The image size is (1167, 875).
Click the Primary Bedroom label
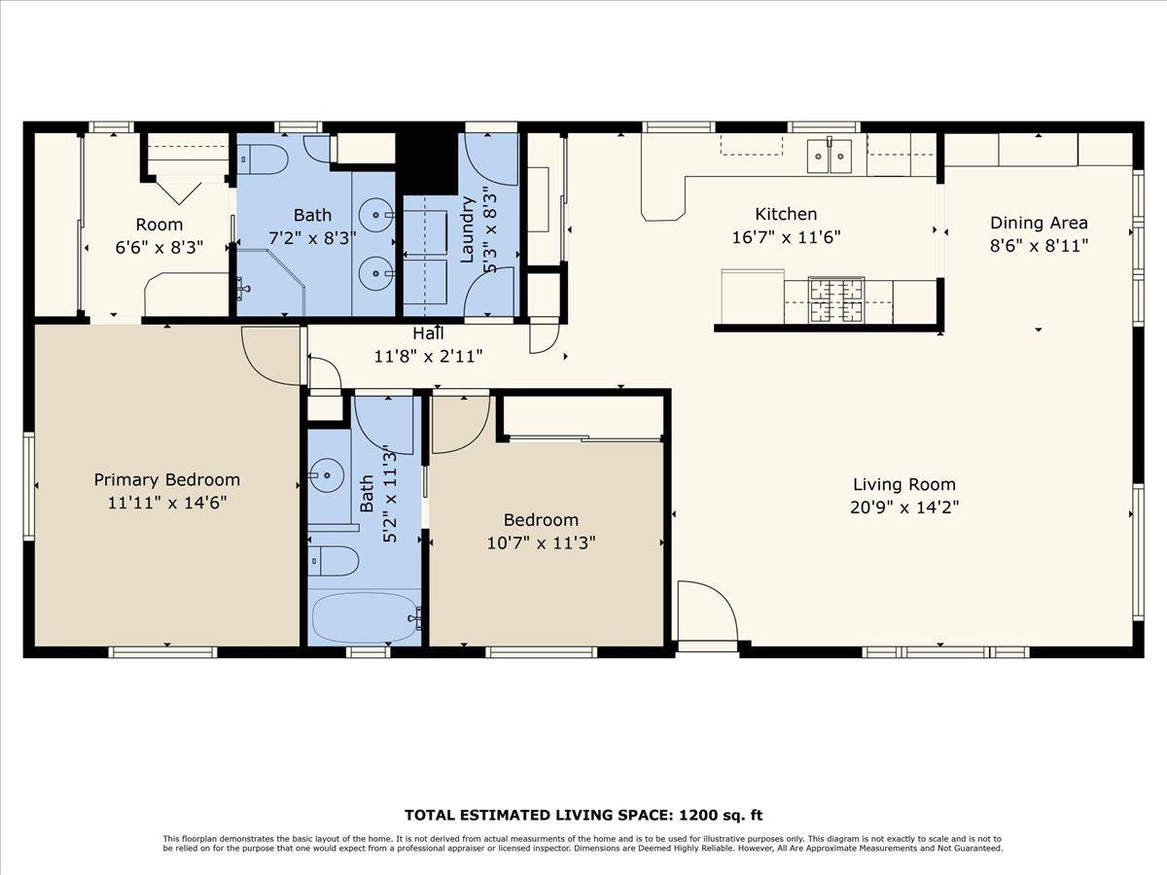(166, 479)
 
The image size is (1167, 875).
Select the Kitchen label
(786, 214)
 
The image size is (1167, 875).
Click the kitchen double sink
(830, 156)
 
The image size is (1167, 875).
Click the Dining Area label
(1039, 223)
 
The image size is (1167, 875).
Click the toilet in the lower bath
(335, 561)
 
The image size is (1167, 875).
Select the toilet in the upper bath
(264, 158)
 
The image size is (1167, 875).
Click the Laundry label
(466, 229)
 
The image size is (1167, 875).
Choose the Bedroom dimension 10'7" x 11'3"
(541, 542)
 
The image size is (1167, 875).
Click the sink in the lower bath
(325, 476)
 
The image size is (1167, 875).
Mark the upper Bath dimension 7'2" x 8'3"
(312, 236)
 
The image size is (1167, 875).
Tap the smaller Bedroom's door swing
(457, 423)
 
